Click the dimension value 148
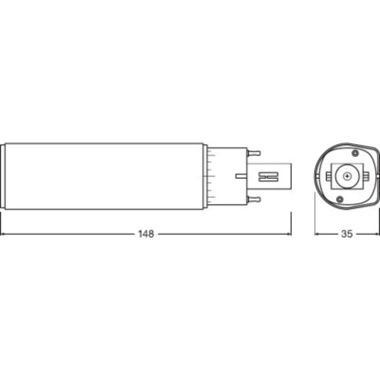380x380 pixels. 146,234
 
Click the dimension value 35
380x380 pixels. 346,234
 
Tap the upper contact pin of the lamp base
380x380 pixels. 253,153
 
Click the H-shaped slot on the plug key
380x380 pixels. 268,176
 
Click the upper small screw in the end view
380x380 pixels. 355,153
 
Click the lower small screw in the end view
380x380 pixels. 339,199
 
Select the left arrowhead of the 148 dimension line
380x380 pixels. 3,234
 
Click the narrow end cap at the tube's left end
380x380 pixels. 3,176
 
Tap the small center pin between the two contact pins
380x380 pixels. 241,176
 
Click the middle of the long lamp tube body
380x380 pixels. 103,176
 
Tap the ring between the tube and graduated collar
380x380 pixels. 205,176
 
